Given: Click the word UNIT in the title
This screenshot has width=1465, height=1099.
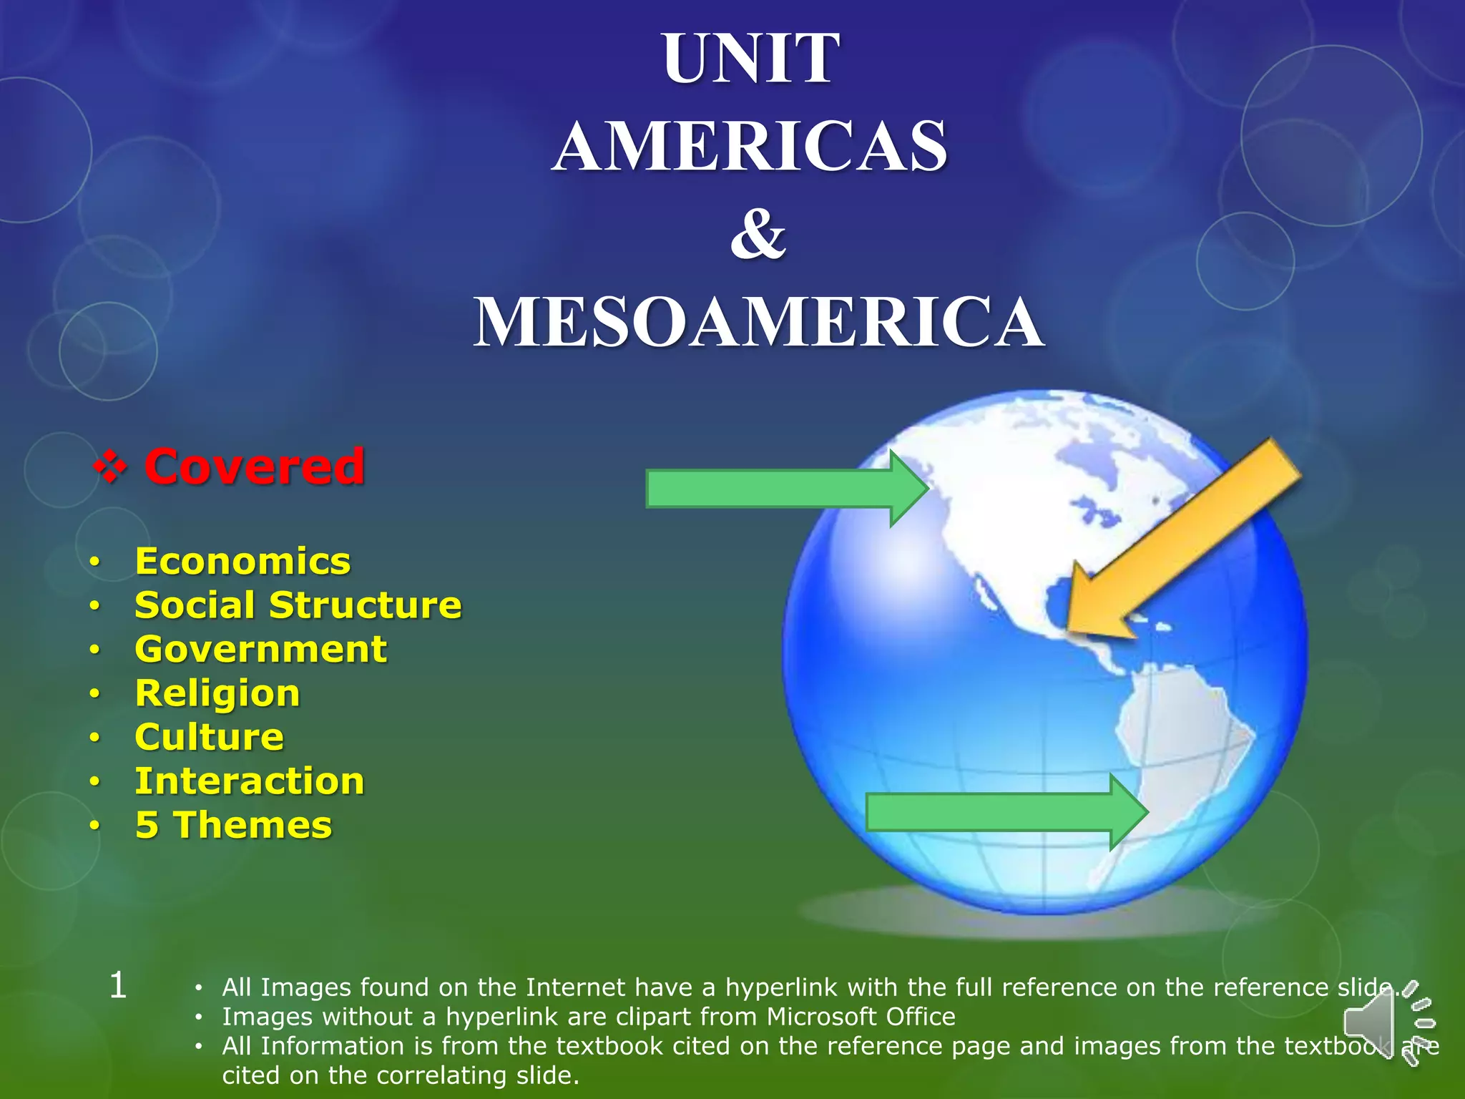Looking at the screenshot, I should click(x=750, y=59).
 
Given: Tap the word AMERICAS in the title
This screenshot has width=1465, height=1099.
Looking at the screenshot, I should click(x=750, y=147).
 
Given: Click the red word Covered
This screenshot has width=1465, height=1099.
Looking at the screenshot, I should click(x=255, y=467).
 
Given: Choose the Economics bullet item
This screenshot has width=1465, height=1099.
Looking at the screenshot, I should click(x=242, y=561).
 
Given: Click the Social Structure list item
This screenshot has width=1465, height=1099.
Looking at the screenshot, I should click(x=298, y=605).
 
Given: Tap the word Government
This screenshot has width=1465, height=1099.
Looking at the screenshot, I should click(x=261, y=650).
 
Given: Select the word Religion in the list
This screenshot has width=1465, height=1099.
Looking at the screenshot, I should click(x=217, y=693).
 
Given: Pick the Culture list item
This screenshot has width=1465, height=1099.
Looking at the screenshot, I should click(x=209, y=737).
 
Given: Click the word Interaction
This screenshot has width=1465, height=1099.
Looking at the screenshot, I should click(x=250, y=781).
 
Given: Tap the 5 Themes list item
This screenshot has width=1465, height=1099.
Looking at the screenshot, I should click(x=233, y=825).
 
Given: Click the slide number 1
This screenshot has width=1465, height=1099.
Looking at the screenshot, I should click(x=118, y=986).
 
